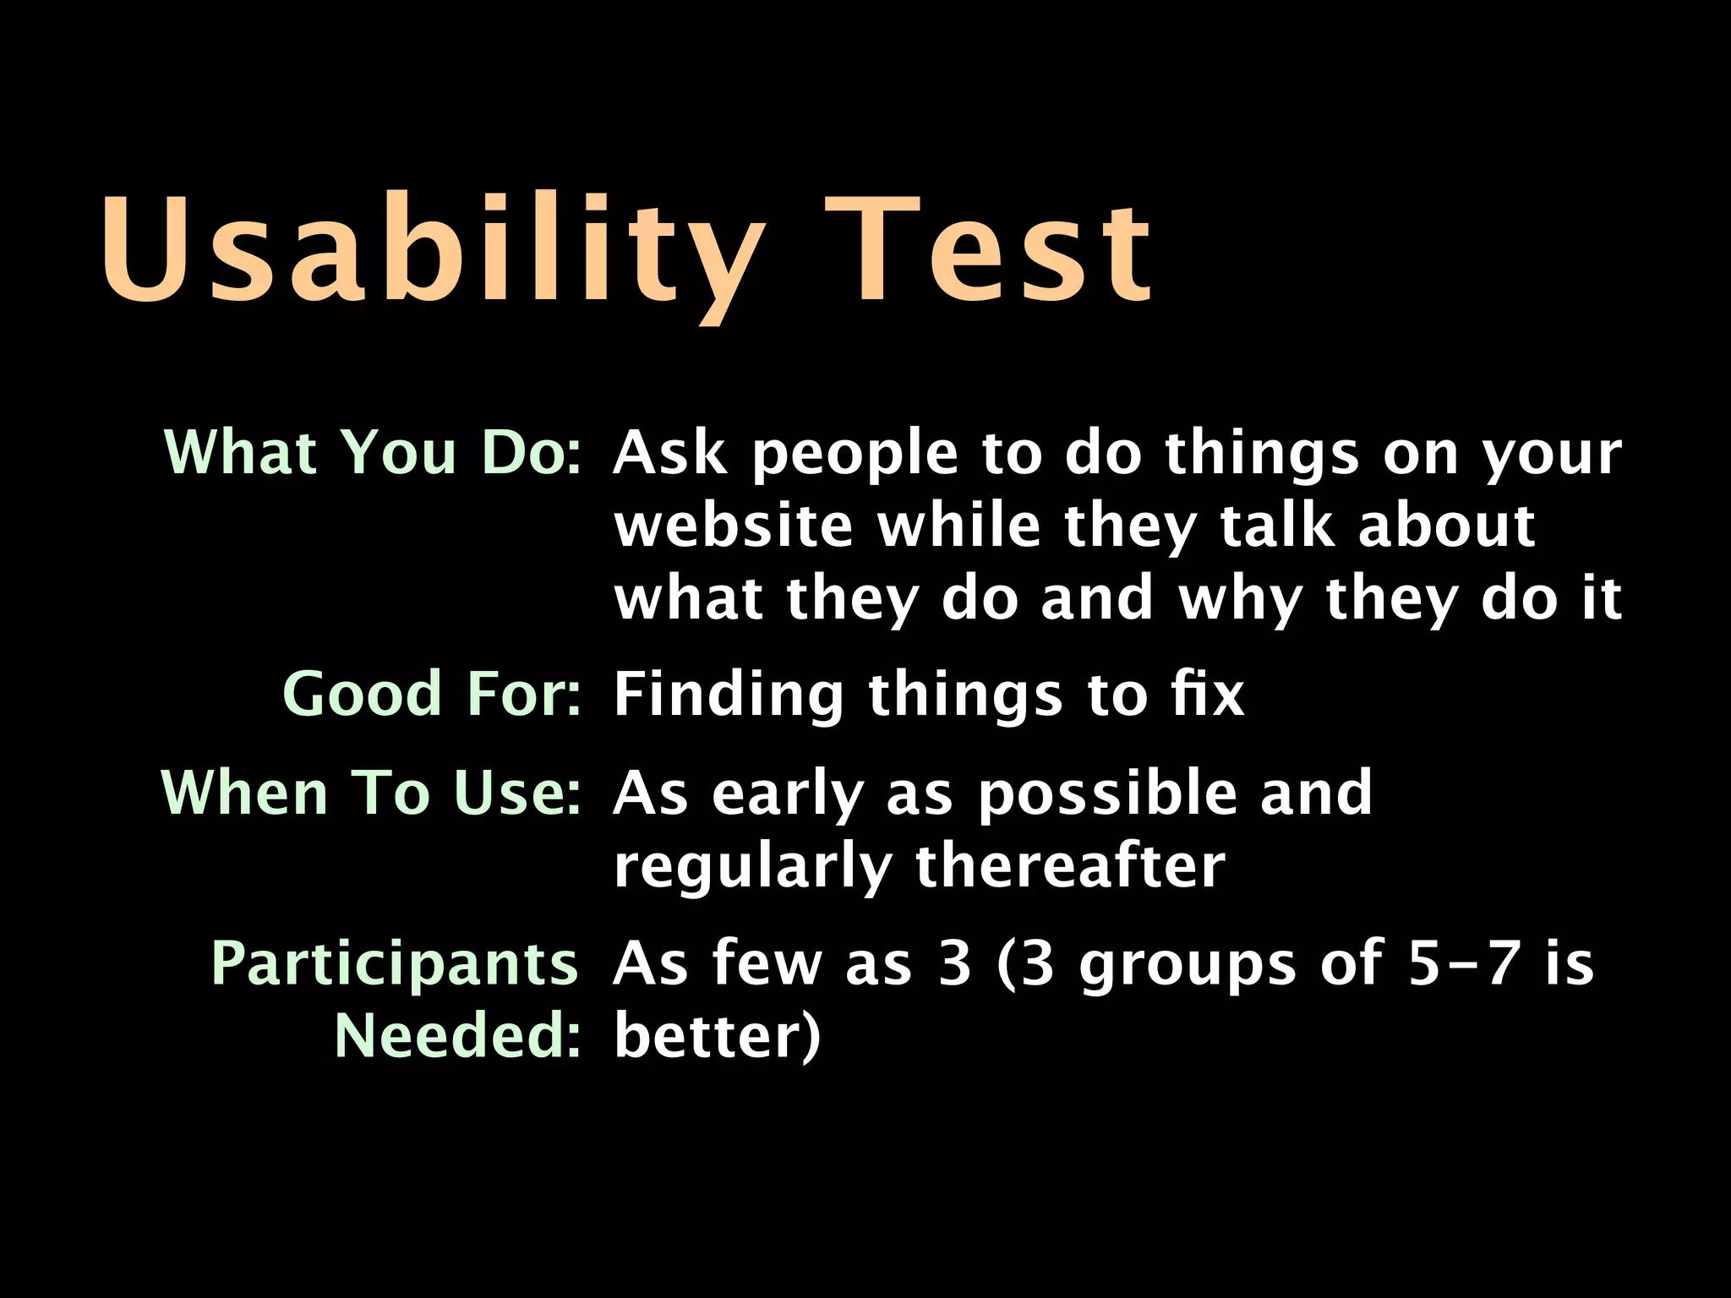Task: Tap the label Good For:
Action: click(x=432, y=694)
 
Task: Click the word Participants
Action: click(x=394, y=963)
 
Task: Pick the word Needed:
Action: click(x=457, y=1035)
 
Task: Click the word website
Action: click(x=733, y=526)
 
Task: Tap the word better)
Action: click(x=717, y=1035)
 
